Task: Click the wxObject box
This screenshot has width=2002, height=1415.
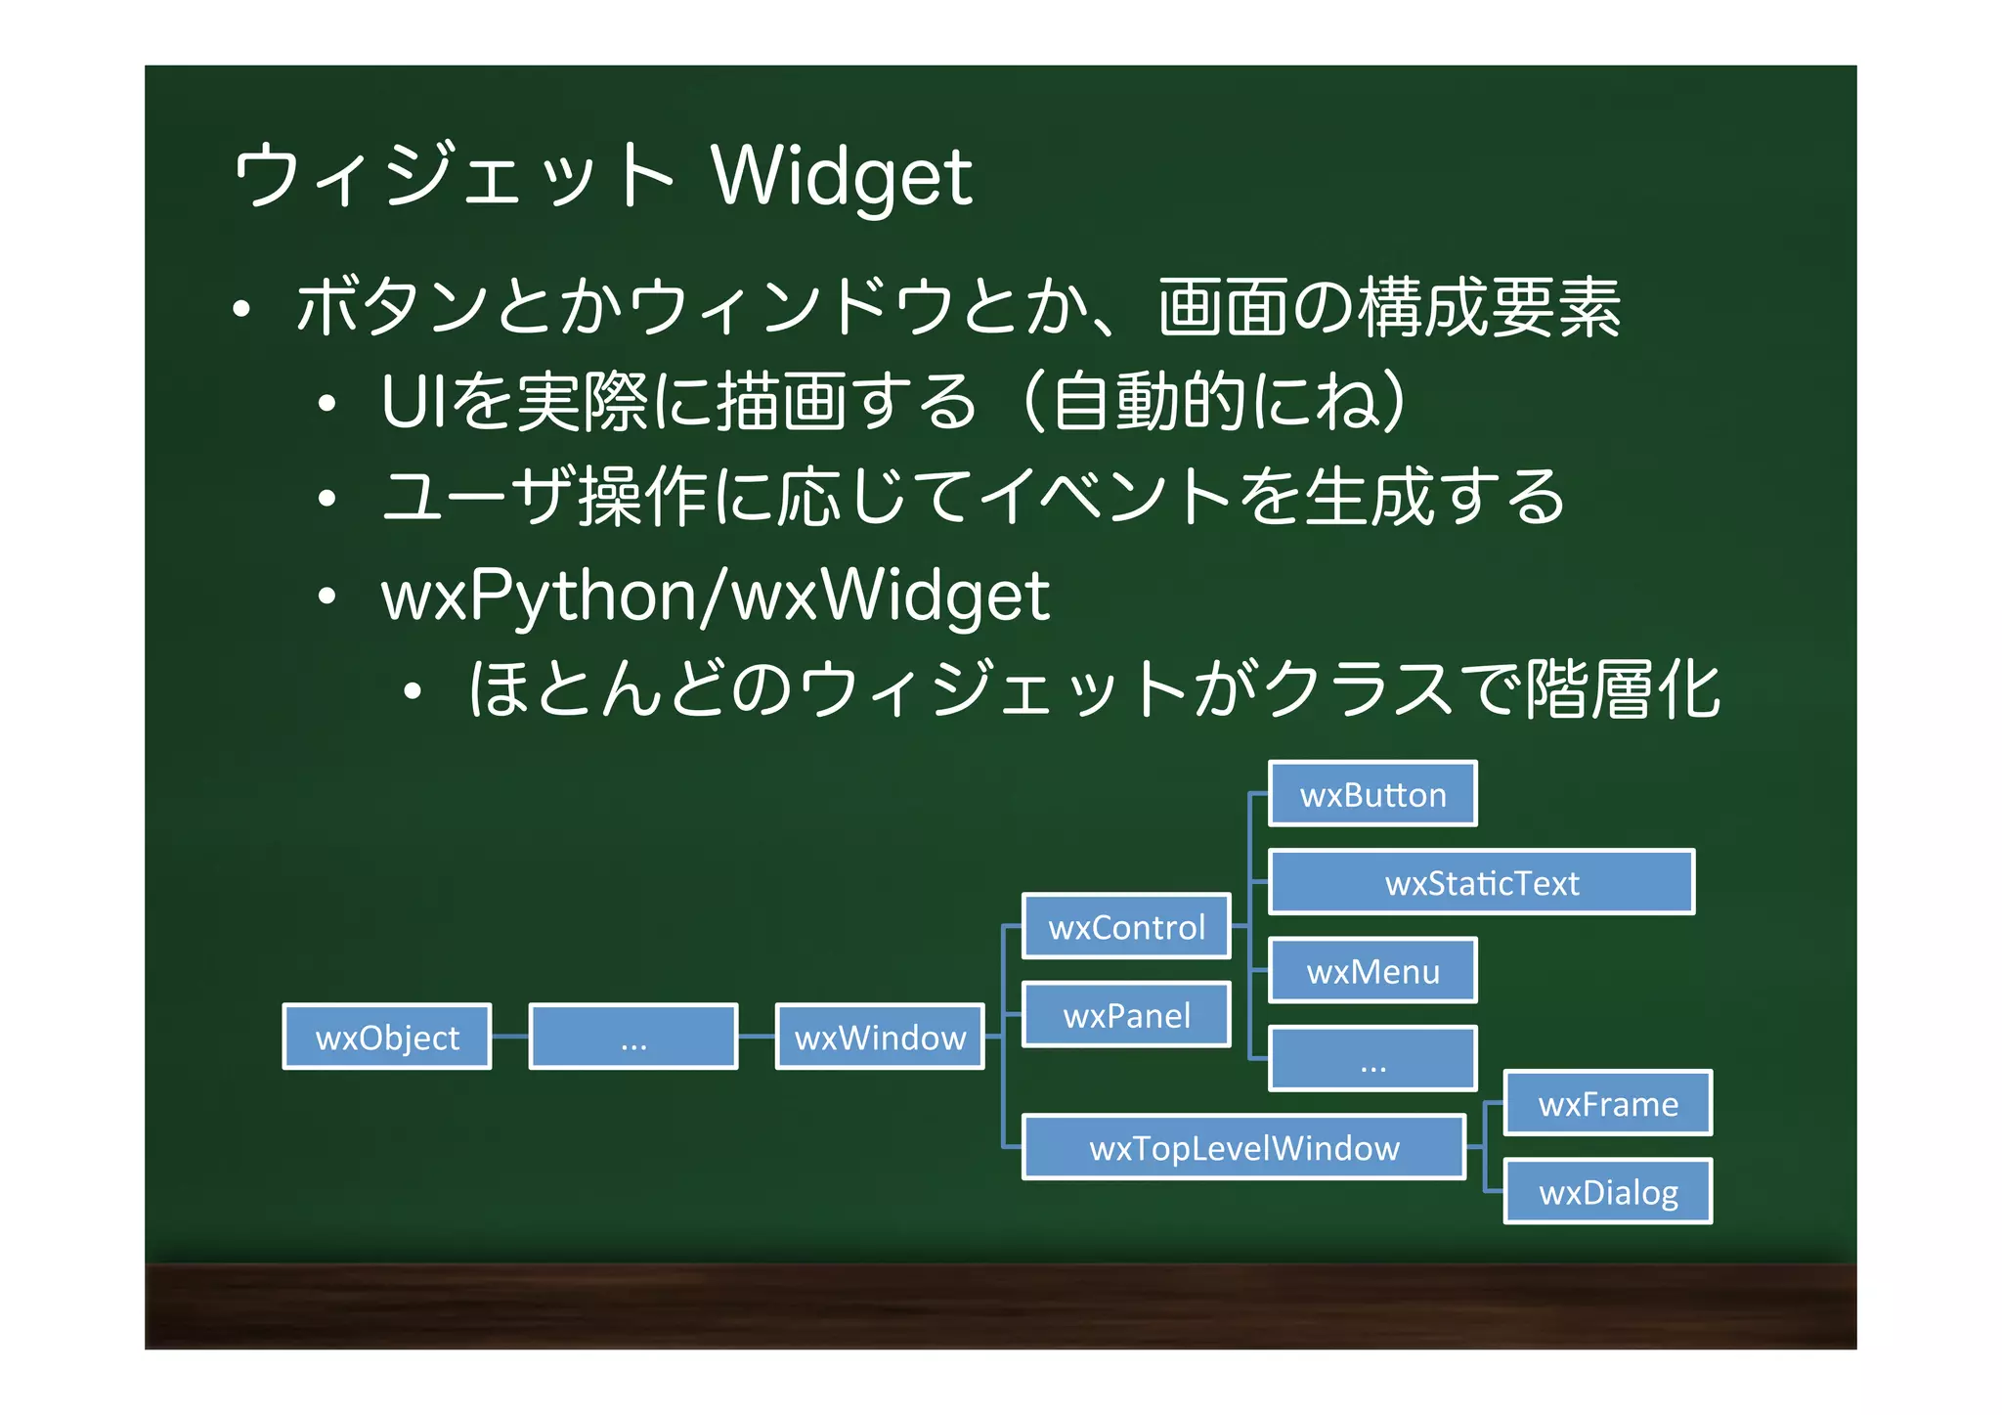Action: (x=387, y=1037)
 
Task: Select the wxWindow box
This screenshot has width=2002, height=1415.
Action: (x=880, y=1037)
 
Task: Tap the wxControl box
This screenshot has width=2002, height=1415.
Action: (x=1126, y=926)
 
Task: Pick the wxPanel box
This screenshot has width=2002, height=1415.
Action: (x=1126, y=1015)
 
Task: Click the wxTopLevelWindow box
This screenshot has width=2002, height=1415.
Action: (x=1243, y=1147)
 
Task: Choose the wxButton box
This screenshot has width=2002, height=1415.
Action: (x=1372, y=794)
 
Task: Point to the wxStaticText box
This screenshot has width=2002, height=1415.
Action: (x=1481, y=882)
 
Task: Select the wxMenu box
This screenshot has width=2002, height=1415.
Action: (x=1372, y=971)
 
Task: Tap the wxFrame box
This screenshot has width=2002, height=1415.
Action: (x=1608, y=1103)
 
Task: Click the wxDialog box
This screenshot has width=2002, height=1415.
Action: (x=1608, y=1191)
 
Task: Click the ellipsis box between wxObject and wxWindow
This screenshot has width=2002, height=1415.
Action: (x=633, y=1037)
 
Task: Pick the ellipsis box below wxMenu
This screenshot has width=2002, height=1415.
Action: (x=1372, y=1059)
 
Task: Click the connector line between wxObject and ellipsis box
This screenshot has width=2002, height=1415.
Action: (x=509, y=1036)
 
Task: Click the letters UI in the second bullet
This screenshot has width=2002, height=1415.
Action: (x=408, y=402)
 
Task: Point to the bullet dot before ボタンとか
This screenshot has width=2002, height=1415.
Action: (x=242, y=310)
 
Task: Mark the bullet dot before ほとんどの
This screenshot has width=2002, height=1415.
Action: (x=413, y=691)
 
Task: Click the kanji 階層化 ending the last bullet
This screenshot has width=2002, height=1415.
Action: (x=1623, y=689)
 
